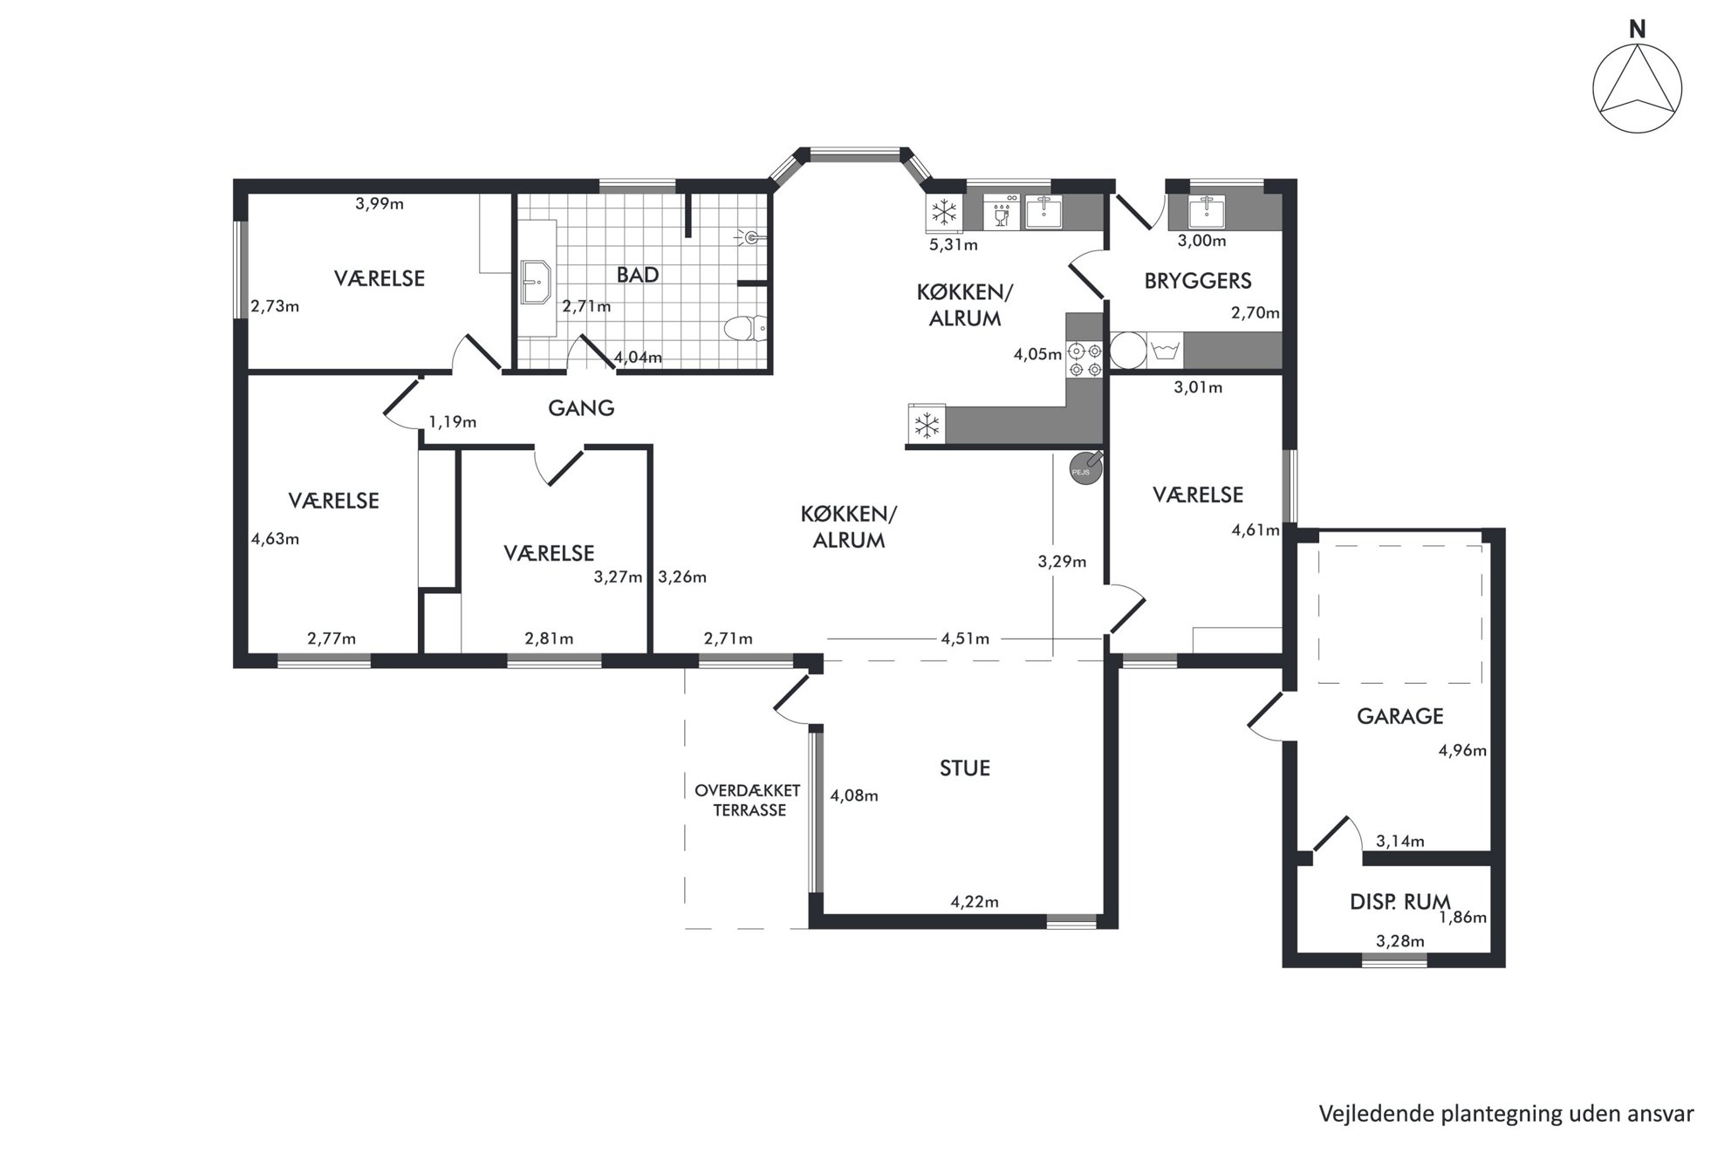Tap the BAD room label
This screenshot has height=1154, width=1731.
click(637, 275)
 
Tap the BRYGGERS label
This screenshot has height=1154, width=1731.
click(1197, 281)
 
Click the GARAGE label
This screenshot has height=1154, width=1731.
click(1399, 716)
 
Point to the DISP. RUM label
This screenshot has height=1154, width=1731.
click(1399, 902)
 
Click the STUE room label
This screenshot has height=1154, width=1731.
click(964, 768)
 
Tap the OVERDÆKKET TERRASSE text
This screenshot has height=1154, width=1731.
click(748, 801)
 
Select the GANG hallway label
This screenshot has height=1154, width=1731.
click(581, 407)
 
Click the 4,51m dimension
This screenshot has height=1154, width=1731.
click(965, 638)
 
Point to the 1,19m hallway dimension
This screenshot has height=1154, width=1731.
click(452, 422)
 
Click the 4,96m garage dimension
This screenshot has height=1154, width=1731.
click(1462, 750)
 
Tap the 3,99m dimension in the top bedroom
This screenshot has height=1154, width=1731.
click(380, 204)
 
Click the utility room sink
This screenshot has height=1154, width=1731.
click(1208, 210)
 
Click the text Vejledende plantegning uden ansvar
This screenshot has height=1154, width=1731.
click(1506, 1114)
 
